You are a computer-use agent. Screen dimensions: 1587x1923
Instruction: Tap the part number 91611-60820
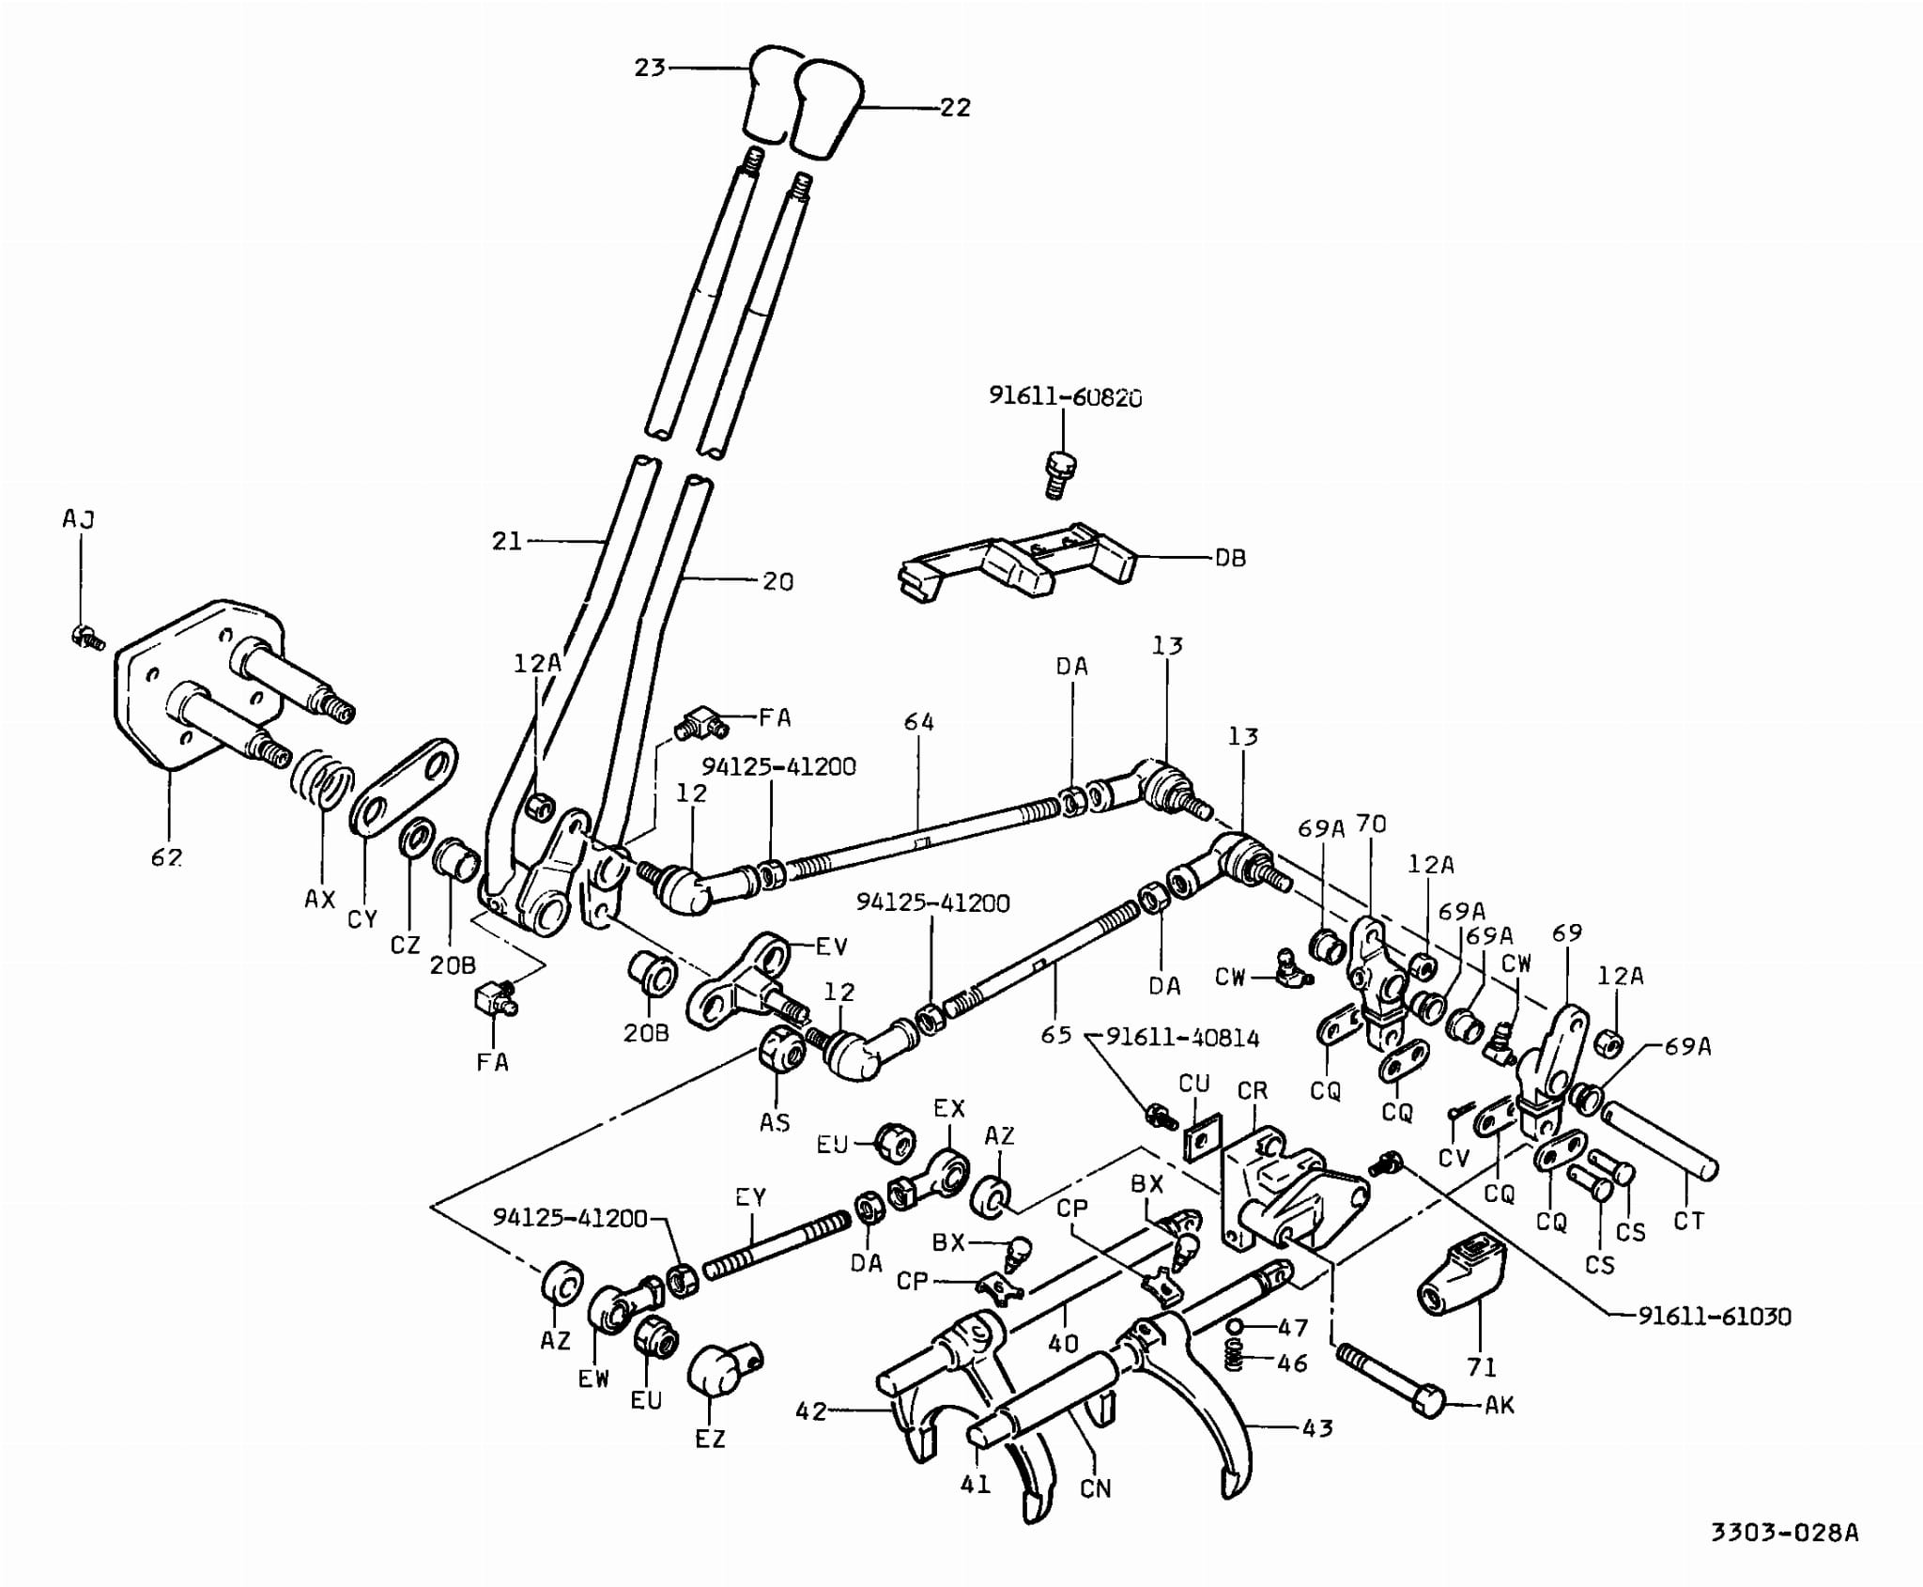coord(1065,396)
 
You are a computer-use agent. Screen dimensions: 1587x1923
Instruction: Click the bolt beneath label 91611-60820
coord(1060,474)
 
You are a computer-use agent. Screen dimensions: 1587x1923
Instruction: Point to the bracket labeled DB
coord(1019,563)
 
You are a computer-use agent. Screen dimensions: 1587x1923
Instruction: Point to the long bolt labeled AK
coord(1389,1380)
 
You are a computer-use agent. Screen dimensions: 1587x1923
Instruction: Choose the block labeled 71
coord(1461,1277)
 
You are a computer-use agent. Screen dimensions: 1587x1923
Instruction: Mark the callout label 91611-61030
coord(1714,1316)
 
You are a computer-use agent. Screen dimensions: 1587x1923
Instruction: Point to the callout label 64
coord(918,721)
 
